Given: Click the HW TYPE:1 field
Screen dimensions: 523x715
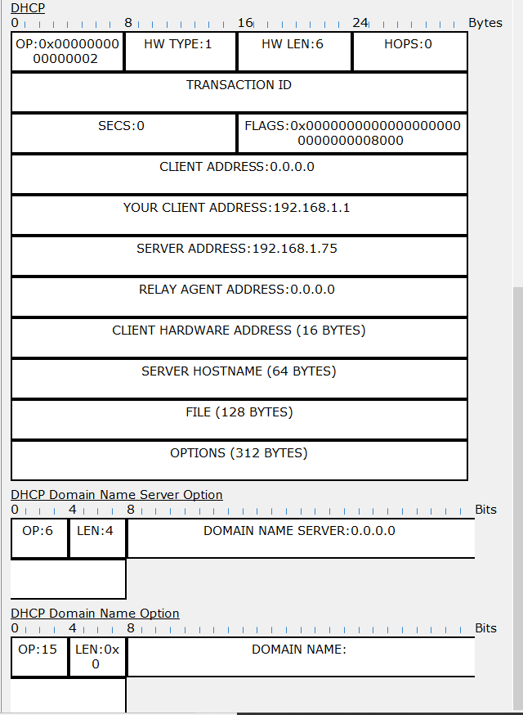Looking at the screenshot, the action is (181, 52).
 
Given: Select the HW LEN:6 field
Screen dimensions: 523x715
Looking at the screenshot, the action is (295, 52).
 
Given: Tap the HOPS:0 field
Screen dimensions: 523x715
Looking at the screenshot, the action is (410, 52).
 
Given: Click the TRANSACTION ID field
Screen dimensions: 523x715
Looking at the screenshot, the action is (239, 92).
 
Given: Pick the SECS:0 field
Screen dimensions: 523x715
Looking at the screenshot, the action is (123, 133).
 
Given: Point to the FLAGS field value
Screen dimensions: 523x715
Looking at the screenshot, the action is (352, 133).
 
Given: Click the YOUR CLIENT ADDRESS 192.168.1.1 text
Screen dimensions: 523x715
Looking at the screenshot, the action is (236, 208).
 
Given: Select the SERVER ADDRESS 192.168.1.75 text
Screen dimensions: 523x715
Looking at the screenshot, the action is (237, 249).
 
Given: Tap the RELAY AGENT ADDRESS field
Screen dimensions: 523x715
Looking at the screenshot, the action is (239, 297).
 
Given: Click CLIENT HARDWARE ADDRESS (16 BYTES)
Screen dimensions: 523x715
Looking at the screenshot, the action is (239, 331).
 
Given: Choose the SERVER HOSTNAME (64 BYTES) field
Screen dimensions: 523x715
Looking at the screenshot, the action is (239, 379).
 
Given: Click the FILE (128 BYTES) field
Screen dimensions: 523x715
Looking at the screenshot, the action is (239, 420).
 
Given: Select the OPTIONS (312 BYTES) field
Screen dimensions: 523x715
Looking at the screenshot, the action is (239, 460).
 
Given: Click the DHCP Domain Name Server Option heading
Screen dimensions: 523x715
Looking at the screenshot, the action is (117, 495).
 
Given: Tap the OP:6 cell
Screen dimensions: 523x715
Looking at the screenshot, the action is (39, 538).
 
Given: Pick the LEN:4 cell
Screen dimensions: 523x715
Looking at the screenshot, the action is (97, 538).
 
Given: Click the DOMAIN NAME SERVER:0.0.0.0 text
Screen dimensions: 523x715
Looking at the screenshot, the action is (299, 531).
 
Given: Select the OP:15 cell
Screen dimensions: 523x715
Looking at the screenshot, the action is (39, 657).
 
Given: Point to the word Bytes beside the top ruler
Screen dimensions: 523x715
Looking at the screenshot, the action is (485, 23).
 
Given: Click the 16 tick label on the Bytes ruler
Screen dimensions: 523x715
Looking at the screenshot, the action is (245, 22).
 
